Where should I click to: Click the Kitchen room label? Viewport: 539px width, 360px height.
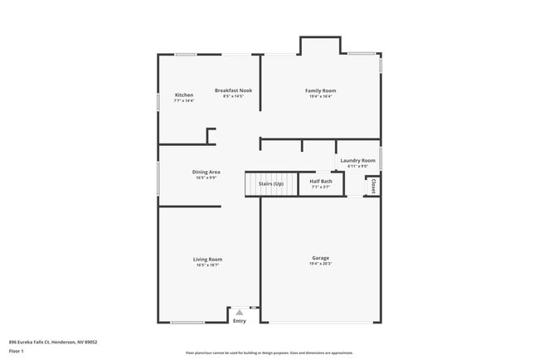click(184, 95)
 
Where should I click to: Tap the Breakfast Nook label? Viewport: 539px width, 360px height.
click(233, 90)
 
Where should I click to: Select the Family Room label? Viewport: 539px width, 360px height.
click(320, 90)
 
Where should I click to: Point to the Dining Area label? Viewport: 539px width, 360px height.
click(206, 172)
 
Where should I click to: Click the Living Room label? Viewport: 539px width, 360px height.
click(207, 259)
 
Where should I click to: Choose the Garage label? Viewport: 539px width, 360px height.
click(320, 258)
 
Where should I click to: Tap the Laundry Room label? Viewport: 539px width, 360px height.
click(357, 160)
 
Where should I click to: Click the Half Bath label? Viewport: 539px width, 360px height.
click(321, 181)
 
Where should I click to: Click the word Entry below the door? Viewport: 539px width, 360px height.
click(240, 321)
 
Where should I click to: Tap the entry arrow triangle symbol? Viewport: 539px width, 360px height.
click(240, 313)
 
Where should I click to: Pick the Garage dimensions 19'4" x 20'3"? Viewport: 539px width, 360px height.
click(320, 265)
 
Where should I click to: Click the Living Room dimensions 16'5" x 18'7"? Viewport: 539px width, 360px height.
click(207, 265)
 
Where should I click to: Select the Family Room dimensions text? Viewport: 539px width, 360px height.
click(320, 96)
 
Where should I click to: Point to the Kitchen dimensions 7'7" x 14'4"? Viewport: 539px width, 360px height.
click(184, 100)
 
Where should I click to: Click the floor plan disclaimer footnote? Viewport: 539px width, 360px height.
click(269, 353)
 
